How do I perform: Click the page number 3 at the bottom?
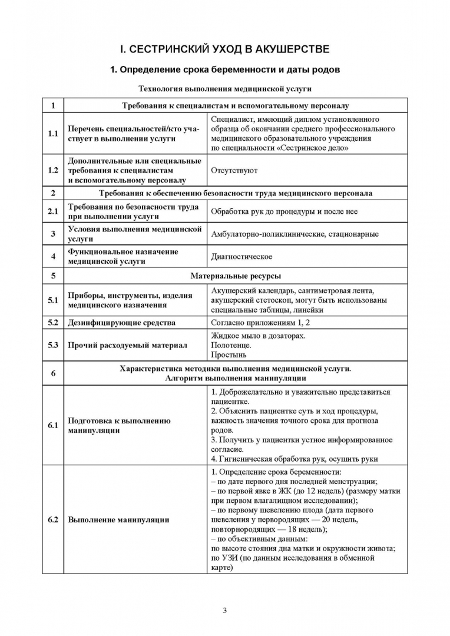coord(224,609)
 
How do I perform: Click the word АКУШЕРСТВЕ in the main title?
coord(287,48)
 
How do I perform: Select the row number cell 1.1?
coord(53,134)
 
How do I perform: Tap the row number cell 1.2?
coord(53,171)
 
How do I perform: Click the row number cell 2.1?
coord(53,211)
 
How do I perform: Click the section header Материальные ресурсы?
coord(236,275)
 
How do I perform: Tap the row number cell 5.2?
coord(53,323)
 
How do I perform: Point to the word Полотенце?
coord(231,345)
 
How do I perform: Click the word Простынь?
coord(229,355)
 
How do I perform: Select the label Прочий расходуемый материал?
coord(127,345)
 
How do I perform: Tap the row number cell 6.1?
coord(53,425)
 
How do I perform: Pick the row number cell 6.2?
coord(53,520)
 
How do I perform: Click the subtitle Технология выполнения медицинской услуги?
coord(224,89)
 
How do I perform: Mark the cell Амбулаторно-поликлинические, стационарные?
coord(295,234)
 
